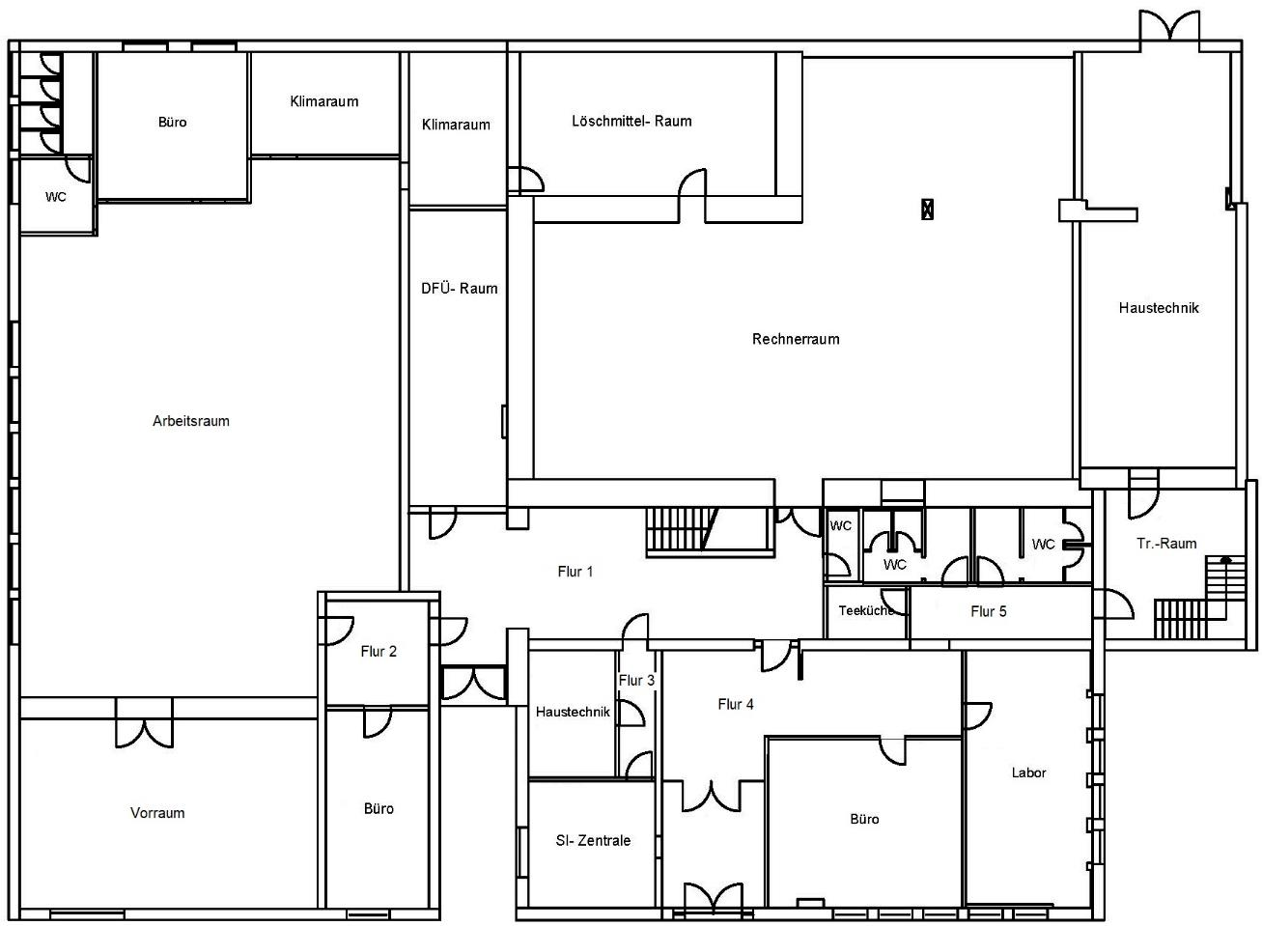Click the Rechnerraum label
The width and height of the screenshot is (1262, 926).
coord(796,339)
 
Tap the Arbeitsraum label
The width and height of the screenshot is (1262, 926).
coord(191,421)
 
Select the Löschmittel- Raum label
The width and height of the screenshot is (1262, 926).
coord(631,121)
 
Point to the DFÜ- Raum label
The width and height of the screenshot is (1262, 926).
coord(460,289)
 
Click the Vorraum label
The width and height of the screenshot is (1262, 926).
coord(157,813)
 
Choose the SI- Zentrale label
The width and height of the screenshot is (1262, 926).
coord(593,840)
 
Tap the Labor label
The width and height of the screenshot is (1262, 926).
coord(1028,772)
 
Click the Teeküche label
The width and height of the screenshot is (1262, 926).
coord(866,610)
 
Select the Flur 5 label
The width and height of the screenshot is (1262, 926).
coord(988,611)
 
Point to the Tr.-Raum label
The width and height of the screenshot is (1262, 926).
coord(1166,544)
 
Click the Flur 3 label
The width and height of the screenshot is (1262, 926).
coord(636,681)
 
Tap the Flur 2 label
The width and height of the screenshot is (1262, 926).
coord(379,651)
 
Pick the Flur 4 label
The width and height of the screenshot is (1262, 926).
coord(735,704)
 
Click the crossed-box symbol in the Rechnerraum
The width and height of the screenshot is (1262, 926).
coord(927,209)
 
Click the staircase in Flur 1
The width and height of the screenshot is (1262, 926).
coord(710,532)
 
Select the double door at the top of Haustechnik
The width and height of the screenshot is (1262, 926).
coord(1169,25)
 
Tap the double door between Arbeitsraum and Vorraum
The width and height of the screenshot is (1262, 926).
coord(144,724)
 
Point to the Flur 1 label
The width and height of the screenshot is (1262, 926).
coord(575,572)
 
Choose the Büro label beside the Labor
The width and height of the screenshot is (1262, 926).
coord(864,819)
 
